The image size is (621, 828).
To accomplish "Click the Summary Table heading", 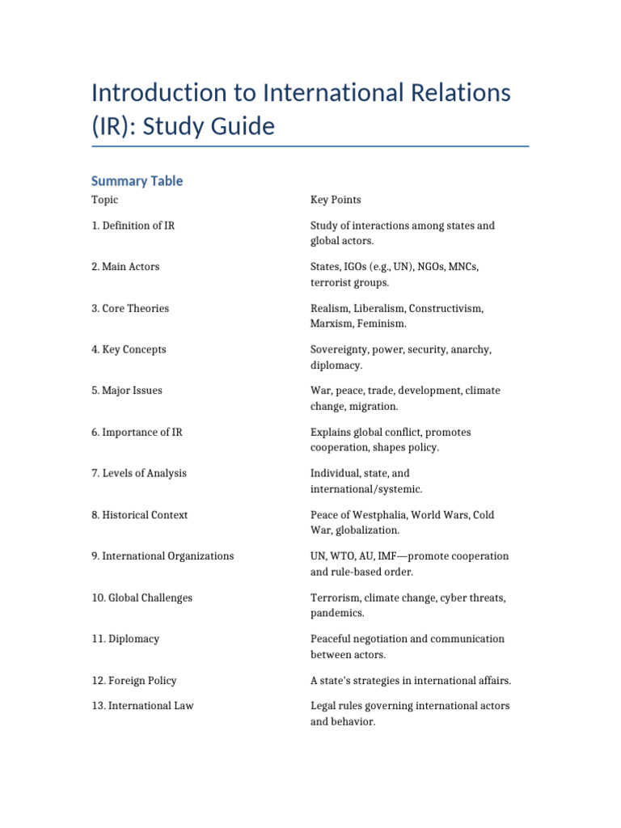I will [x=137, y=181].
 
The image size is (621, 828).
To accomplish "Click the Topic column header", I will [x=104, y=200].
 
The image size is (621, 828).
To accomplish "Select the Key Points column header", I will [x=336, y=200].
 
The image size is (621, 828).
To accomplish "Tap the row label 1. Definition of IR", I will [x=133, y=226].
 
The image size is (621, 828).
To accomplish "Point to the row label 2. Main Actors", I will [x=125, y=267].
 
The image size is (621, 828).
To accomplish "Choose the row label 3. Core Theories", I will [x=130, y=308].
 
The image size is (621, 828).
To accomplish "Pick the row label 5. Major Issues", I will [x=127, y=391].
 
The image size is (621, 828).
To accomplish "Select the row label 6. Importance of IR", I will [x=137, y=433].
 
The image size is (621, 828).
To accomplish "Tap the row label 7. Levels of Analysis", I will [x=139, y=473].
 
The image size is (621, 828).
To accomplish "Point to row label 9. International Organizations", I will [x=163, y=556].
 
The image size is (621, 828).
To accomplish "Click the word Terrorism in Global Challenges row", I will [x=335, y=598].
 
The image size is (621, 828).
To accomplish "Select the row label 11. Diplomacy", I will [x=125, y=639].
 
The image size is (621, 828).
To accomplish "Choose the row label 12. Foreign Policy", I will [x=134, y=681].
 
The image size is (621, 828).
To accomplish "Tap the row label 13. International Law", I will [x=142, y=706].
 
